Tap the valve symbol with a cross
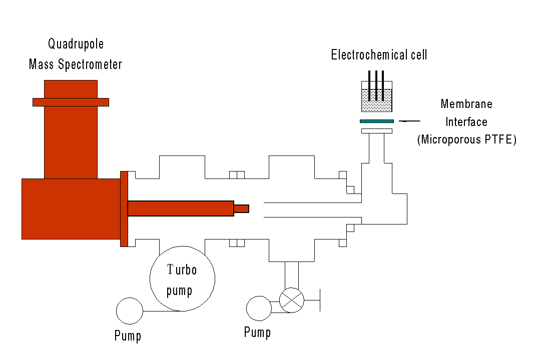pos(291,300)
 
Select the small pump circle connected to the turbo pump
pos(129,311)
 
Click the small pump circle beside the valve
pos(259,308)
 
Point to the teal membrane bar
pos(376,121)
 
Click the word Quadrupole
pos(76,44)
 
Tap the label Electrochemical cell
pos(379,54)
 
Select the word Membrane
pos(466,104)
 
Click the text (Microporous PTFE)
pos(466,139)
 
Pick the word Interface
pos(466,122)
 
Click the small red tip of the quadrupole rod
pos(241,208)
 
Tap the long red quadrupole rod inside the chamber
pos(180,208)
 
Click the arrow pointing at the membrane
pos(410,121)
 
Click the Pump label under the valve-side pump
pos(257,332)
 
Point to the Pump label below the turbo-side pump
pos(128,335)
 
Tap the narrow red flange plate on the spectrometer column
pos(71,102)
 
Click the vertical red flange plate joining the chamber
pos(124,208)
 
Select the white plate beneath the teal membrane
pos(376,131)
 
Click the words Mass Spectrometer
pos(76,64)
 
